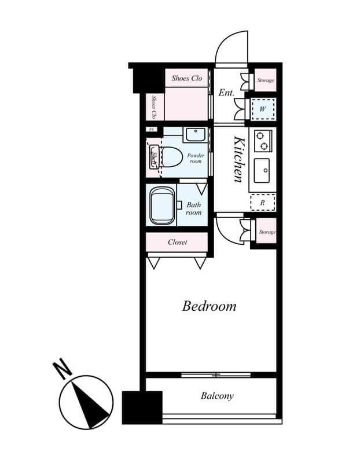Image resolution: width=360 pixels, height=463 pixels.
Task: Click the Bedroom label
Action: point(209,306)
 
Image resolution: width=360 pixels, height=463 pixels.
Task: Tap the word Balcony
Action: point(217,396)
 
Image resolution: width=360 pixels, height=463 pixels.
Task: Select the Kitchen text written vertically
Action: point(238,159)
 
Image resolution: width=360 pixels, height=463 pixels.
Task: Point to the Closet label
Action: point(177,242)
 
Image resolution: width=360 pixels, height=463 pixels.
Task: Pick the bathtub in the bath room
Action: point(162,205)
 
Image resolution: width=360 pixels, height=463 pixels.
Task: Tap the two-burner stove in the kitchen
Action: point(263,139)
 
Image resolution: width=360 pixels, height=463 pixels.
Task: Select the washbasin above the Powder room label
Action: point(194,135)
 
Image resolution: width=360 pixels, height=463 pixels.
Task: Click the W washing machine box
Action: point(262,109)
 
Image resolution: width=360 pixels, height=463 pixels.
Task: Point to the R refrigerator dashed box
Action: point(262,203)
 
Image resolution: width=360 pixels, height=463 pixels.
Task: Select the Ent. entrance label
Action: point(226,92)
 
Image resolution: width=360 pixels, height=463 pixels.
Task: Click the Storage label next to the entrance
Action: point(266,80)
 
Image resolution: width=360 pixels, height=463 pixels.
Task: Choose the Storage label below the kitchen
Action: point(267,232)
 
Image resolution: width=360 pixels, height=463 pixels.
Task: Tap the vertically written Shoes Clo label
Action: point(154,107)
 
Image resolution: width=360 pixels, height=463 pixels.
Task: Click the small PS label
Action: point(152,130)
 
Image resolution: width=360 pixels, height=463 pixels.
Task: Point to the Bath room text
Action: point(193,208)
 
